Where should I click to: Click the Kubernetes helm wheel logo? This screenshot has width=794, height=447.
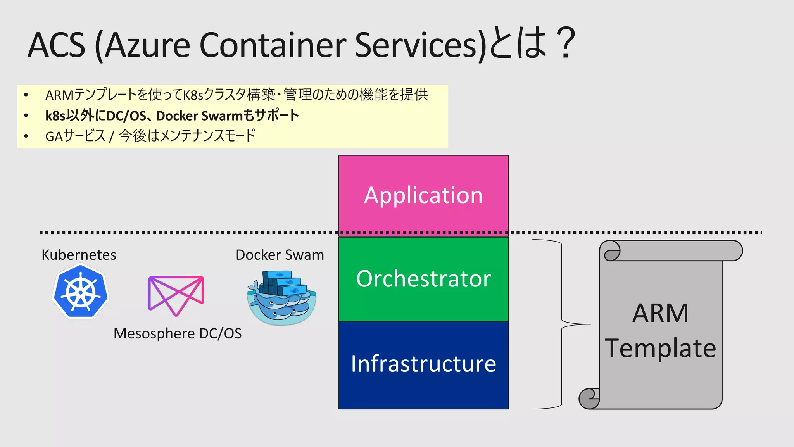point(81,292)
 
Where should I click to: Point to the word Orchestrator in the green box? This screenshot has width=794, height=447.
point(423,279)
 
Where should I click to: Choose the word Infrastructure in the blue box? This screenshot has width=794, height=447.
point(423,364)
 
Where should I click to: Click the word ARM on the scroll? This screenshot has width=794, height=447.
point(660,313)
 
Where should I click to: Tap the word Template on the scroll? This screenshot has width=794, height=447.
point(660,348)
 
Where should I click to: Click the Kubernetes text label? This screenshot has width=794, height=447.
point(79,255)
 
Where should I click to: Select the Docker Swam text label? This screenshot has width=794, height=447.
point(280,255)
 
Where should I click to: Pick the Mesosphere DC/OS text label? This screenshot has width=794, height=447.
point(178,333)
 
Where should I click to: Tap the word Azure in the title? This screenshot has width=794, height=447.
point(147,45)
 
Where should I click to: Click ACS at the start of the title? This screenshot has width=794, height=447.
point(57,45)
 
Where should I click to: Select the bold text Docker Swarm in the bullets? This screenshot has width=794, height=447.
point(199,116)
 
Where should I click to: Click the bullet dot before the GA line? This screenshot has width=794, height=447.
point(26,136)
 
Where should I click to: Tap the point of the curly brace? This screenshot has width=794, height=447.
point(589,324)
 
